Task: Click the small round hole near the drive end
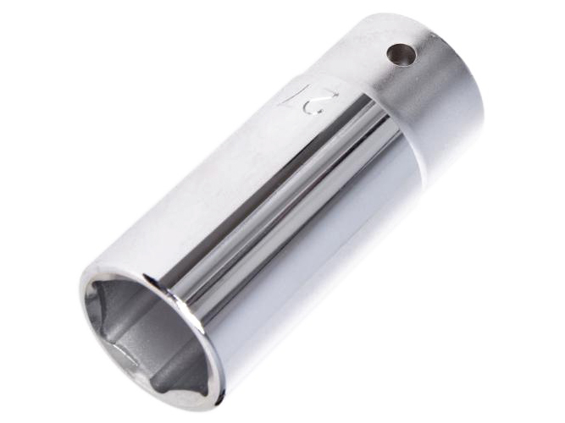[x=401, y=55]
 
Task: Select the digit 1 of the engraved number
[x=291, y=94]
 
